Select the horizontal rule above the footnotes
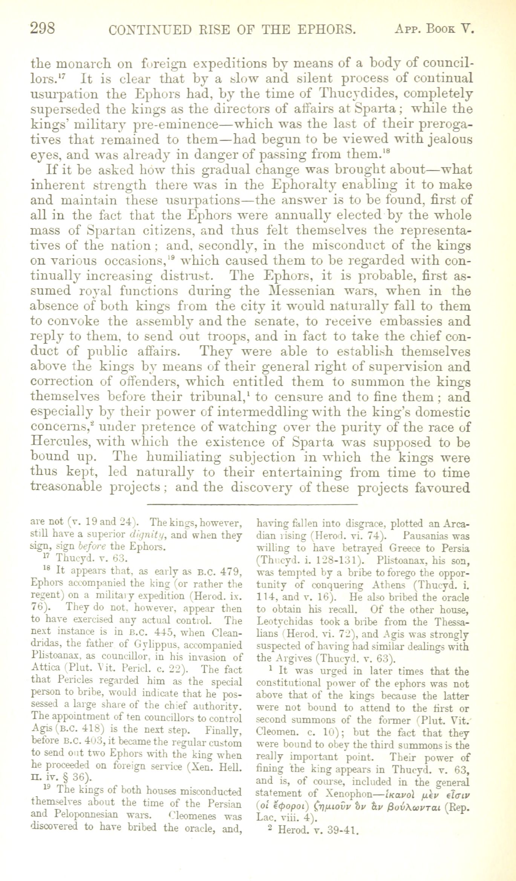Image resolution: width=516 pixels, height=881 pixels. [251, 504]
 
